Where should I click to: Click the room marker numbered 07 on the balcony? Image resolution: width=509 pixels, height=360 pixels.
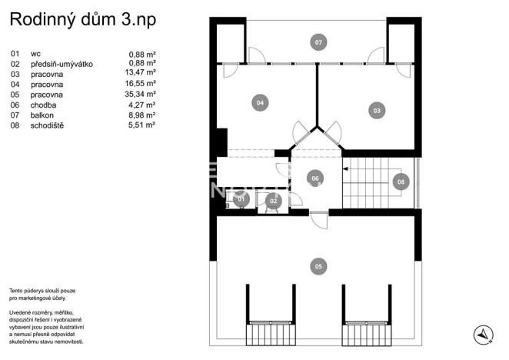pos(318,42)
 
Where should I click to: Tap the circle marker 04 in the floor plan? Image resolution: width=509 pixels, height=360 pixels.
pos(260,102)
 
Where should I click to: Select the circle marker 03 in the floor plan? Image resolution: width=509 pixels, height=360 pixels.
pos(377,111)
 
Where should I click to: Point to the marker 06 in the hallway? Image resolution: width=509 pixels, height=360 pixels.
pos(314,178)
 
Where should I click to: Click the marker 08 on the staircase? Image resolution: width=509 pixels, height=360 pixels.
pos(401,182)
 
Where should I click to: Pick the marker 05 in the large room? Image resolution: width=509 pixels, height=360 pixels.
pos(318,266)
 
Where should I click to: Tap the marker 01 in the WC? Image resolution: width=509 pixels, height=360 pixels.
pos(241,200)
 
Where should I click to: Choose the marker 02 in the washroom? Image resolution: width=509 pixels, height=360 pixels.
pos(272,201)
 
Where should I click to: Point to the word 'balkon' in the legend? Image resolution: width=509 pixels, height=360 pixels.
pos(42,115)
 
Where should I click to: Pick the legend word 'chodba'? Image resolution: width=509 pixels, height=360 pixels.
pos(43,105)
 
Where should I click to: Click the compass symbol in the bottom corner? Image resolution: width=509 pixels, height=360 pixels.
pos(483,334)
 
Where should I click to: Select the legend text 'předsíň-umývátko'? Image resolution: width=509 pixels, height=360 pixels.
pos(62,64)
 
